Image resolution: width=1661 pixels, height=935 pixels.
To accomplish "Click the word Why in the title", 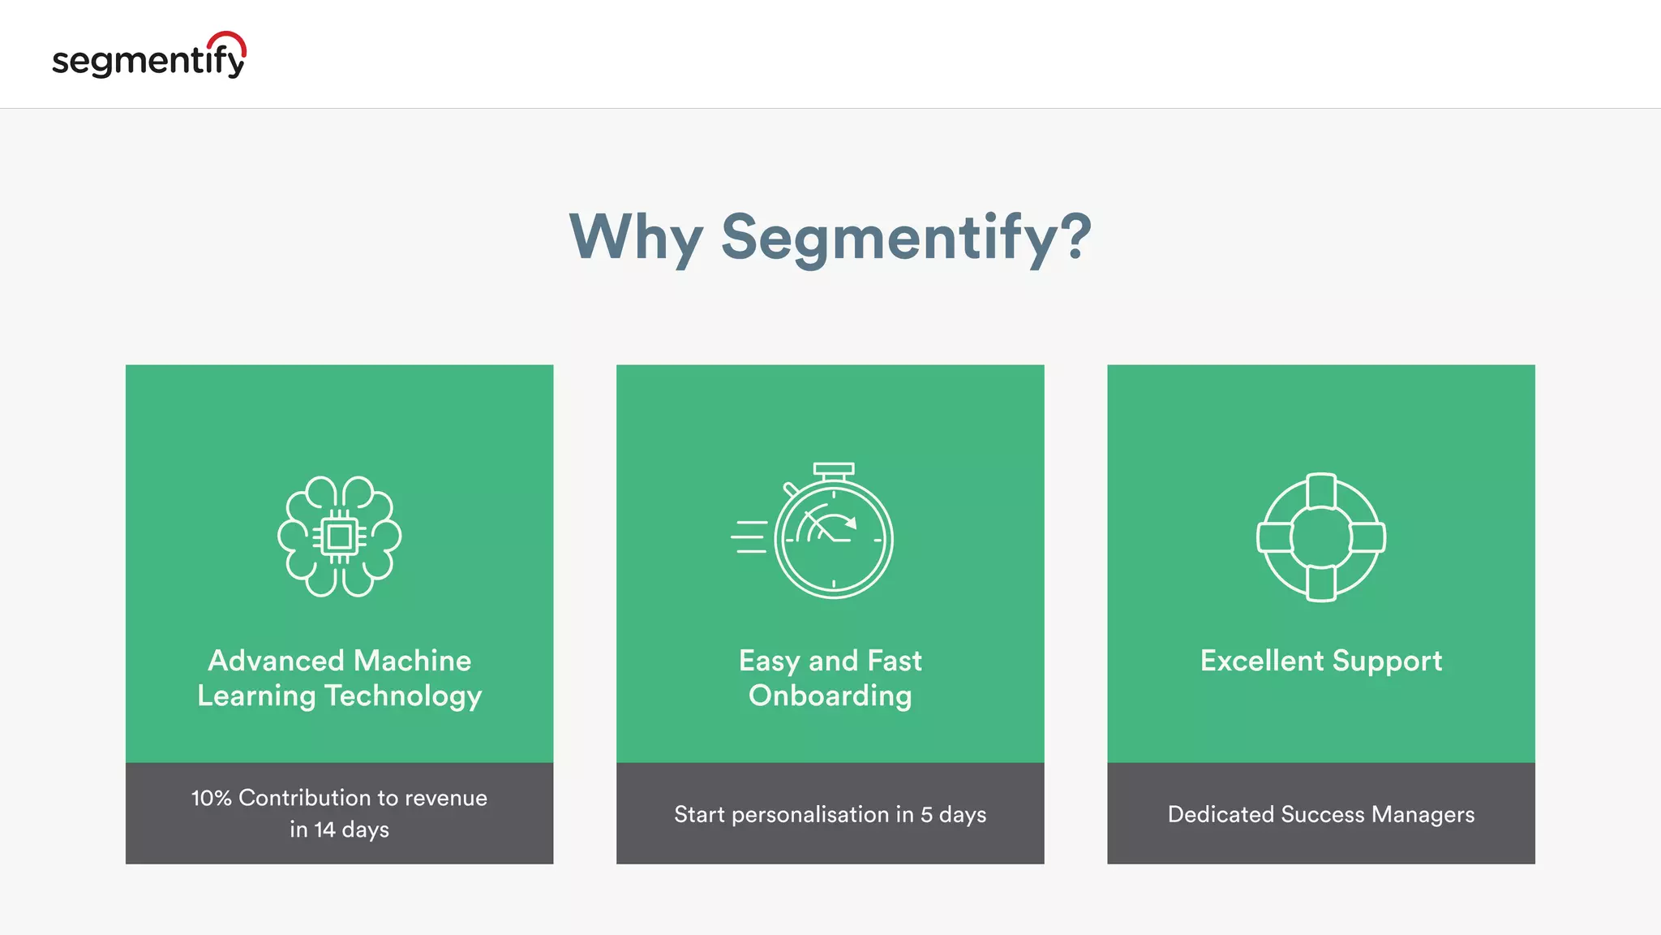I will tap(635, 237).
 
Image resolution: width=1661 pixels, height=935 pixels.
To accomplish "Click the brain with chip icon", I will tap(339, 536).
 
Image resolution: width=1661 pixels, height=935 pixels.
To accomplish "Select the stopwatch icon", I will tap(833, 536).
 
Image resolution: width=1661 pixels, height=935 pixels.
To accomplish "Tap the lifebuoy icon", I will tap(1321, 536).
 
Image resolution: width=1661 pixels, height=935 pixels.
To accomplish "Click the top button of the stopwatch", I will tap(834, 470).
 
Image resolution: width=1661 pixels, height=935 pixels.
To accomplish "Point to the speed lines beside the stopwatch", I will tap(749, 537).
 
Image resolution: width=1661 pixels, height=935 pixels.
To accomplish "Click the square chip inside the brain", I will tap(339, 536).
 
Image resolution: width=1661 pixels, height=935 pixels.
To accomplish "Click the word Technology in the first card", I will tap(403, 696).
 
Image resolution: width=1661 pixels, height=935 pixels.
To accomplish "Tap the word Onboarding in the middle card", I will tap(830, 696).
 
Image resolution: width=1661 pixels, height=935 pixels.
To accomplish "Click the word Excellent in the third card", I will tap(1262, 661).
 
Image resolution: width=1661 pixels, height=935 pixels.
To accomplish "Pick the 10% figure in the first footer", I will tap(211, 798).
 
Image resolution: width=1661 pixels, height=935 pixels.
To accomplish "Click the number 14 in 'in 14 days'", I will tap(324, 829).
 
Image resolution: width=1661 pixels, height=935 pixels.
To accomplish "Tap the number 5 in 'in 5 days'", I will tap(926, 814).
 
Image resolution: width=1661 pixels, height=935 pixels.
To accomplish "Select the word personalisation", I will tap(810, 815).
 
